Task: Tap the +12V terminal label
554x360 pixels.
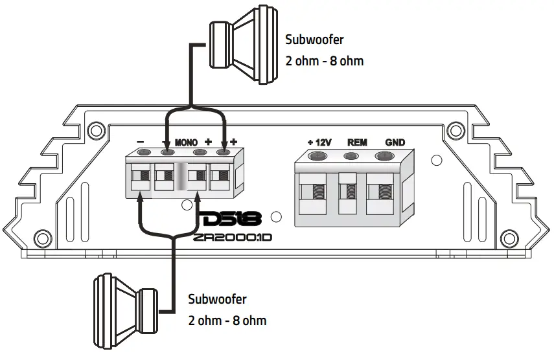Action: (x=319, y=142)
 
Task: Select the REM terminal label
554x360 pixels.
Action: (x=358, y=142)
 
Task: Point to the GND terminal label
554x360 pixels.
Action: (x=395, y=142)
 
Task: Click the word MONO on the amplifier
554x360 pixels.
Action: (x=188, y=141)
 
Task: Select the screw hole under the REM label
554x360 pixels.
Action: (x=351, y=156)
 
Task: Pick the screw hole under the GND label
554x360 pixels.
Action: (x=384, y=155)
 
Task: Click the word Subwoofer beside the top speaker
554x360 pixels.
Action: (x=314, y=39)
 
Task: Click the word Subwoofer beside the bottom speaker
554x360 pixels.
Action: (x=217, y=300)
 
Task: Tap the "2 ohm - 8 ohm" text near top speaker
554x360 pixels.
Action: (x=324, y=61)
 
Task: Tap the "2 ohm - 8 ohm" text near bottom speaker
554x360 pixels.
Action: (x=227, y=321)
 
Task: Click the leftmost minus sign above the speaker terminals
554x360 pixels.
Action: (x=141, y=141)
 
